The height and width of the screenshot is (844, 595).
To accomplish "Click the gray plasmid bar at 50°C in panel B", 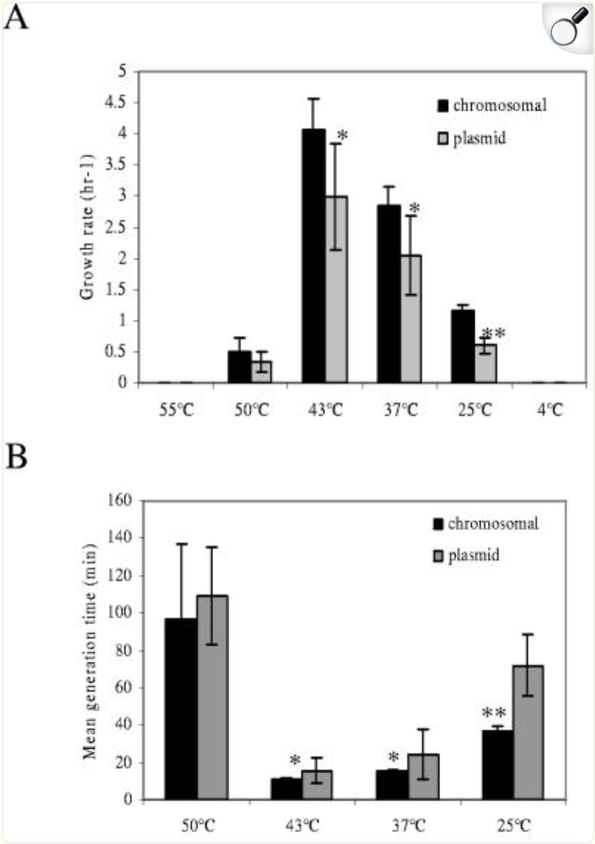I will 212,697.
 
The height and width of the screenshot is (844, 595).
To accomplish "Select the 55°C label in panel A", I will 176,410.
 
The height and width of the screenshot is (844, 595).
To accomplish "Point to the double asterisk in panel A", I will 494,334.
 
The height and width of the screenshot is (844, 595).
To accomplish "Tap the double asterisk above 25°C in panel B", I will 494,715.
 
